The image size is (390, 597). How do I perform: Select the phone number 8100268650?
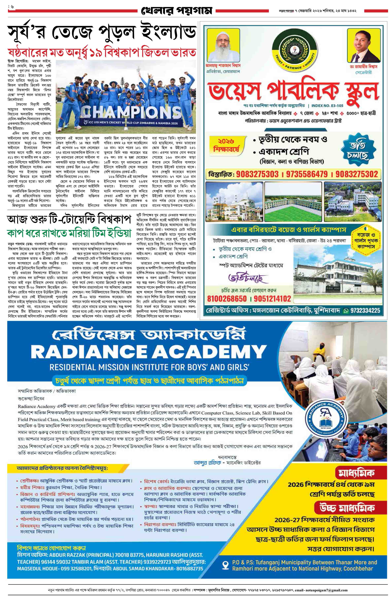(227, 298)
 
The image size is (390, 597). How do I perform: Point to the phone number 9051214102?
(272, 298)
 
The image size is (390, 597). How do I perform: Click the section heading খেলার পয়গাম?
(177, 11)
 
